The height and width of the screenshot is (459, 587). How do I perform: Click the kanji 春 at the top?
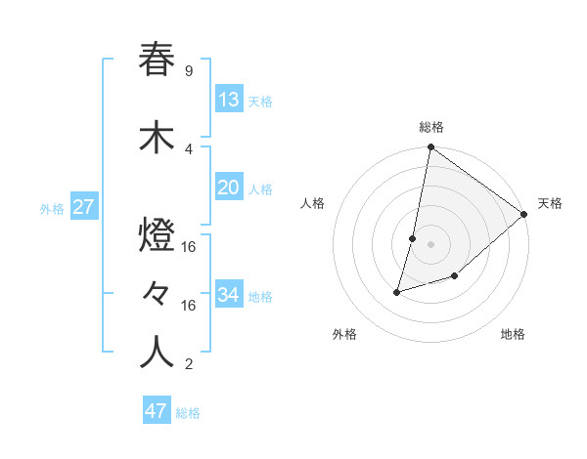click(158, 60)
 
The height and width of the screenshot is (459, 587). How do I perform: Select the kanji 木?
click(158, 138)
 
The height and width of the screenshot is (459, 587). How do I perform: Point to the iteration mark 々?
click(158, 293)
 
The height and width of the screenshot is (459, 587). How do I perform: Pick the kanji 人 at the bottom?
click(158, 353)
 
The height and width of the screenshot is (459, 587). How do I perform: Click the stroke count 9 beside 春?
click(188, 70)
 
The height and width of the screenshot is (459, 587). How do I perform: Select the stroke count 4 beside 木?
click(188, 148)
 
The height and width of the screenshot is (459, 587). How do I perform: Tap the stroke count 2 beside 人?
click(188, 365)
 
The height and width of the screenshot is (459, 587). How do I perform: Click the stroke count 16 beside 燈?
click(189, 247)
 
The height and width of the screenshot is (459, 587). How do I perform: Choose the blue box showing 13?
click(228, 100)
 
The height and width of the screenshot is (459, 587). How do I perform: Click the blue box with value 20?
click(228, 188)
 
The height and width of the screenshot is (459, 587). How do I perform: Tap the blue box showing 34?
click(228, 295)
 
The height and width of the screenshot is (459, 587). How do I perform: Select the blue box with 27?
click(83, 207)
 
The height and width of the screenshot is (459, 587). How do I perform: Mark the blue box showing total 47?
click(157, 411)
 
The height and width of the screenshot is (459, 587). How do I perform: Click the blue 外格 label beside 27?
click(52, 209)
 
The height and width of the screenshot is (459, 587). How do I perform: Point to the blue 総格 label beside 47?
click(188, 413)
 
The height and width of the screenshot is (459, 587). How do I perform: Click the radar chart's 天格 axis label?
click(550, 203)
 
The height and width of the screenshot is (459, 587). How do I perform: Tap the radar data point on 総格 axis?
click(430, 147)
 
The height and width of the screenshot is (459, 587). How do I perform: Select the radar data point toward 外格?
click(397, 291)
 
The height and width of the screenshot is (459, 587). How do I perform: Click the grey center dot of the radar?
click(430, 243)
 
